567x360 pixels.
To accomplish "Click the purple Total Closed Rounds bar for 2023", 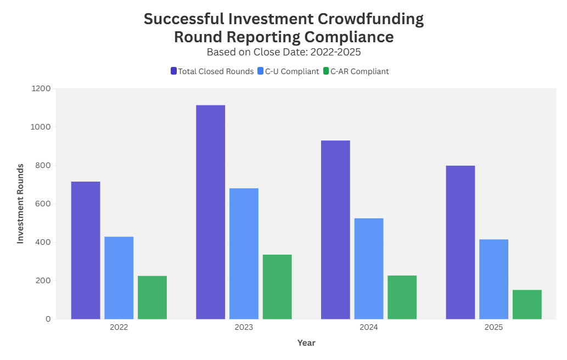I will click(x=210, y=212).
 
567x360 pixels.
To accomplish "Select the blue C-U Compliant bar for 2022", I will click(x=119, y=278).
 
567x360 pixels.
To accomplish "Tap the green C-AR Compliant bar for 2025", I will click(x=527, y=304).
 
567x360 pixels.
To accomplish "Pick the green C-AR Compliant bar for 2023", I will click(x=277, y=286).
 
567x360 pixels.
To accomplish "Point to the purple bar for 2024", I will click(x=335, y=229).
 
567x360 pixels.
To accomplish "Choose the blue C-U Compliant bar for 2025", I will click(x=493, y=279).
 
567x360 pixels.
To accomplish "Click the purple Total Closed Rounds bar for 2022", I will click(x=86, y=250).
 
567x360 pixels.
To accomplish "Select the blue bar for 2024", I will click(x=369, y=268).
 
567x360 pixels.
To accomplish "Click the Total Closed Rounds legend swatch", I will click(x=173, y=71).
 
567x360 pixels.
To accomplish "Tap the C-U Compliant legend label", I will click(x=292, y=71).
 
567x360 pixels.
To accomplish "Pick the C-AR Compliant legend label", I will click(x=360, y=71).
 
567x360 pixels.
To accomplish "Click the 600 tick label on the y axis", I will click(x=43, y=204).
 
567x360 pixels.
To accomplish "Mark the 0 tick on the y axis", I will click(x=48, y=319).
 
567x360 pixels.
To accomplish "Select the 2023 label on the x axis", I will click(x=244, y=328).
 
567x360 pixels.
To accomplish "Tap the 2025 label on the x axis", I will click(x=493, y=328).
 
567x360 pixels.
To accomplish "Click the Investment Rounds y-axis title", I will click(x=20, y=204).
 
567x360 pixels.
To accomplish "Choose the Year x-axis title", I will click(x=306, y=343).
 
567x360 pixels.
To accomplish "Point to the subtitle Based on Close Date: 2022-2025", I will click(x=283, y=52).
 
